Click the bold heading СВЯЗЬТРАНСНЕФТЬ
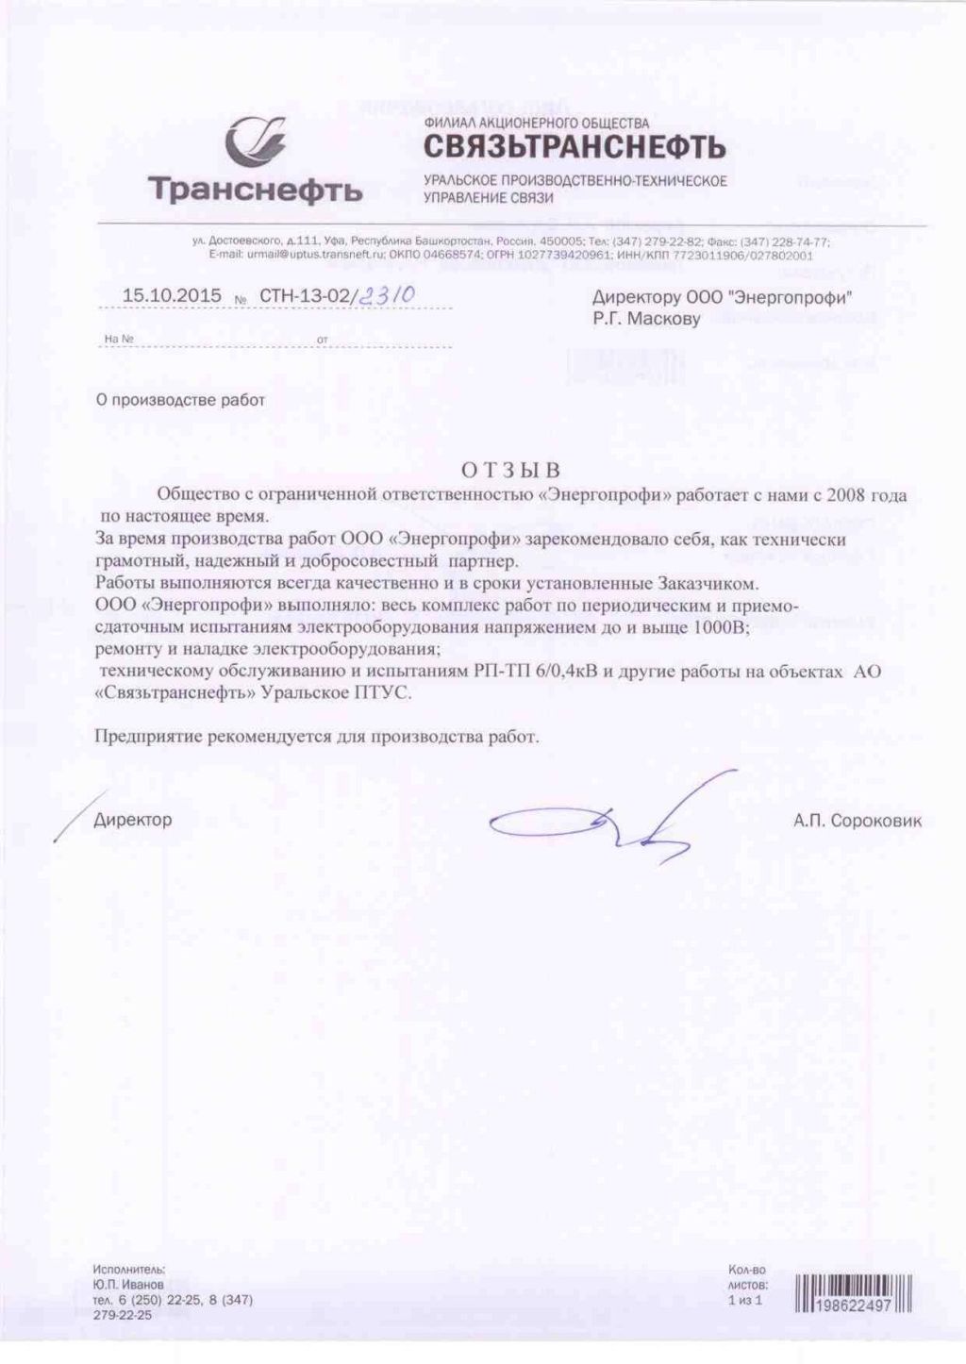coord(574,147)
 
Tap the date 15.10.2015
coord(172,295)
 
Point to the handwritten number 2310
coord(387,295)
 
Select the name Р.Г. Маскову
coord(646,319)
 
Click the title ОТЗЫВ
coord(510,470)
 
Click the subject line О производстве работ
coord(181,400)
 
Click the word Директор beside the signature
coord(133,820)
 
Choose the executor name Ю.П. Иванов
coord(127,1284)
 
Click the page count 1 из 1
coord(744,1300)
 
